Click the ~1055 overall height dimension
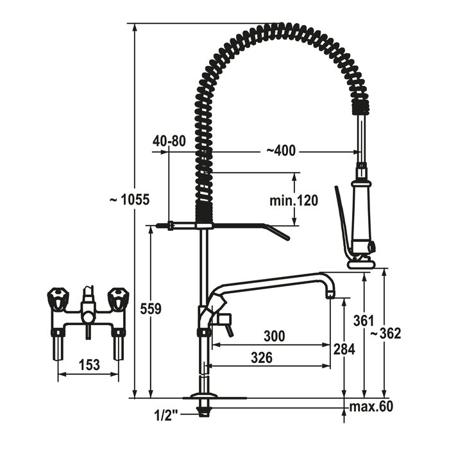coord(130,199)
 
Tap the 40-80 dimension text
coord(169,141)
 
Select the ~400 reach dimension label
coord(281,151)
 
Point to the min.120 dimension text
coord(294,200)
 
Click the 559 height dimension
coord(151,309)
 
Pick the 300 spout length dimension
coord(274,336)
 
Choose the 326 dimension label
coord(262,358)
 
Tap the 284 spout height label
coord(344,349)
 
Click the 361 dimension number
coord(364,321)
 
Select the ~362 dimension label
coord(385,334)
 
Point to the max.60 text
coord(371,406)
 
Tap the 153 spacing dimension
coord(89,365)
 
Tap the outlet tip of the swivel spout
coord(330,294)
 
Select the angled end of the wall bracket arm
coord(278,232)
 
